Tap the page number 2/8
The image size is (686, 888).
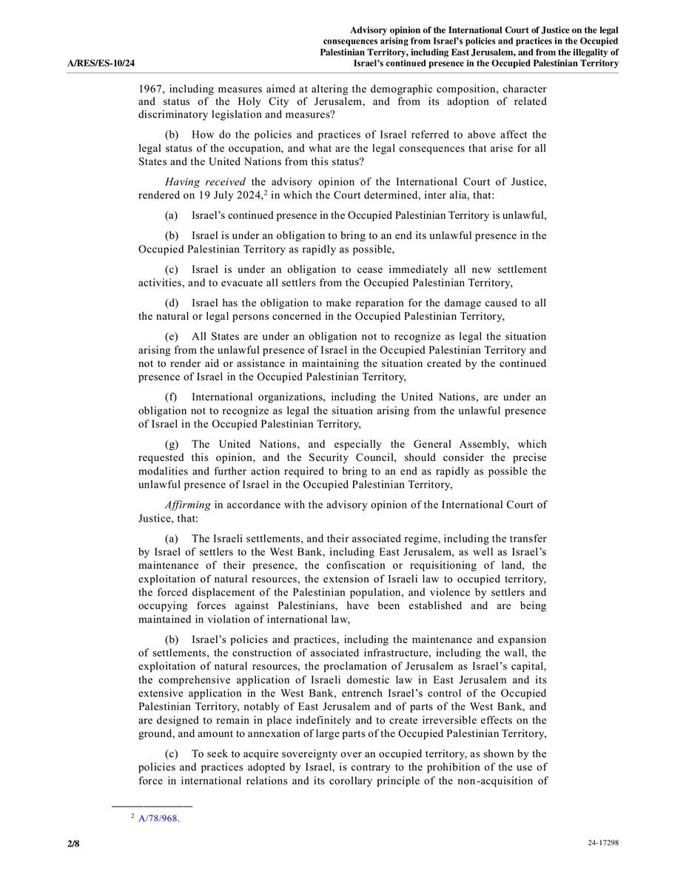(73, 843)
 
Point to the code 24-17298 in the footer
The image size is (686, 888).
(603, 843)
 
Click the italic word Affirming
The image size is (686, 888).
(188, 505)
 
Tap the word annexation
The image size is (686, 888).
(311, 733)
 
